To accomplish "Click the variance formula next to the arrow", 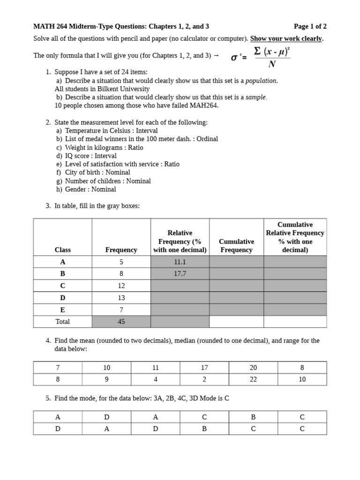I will (x=261, y=57).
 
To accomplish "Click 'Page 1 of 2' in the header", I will (x=310, y=26).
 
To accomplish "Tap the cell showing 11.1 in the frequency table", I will (x=180, y=262).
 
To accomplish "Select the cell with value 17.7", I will (x=180, y=274).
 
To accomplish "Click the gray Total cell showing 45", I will (x=121, y=322).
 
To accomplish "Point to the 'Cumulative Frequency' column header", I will (x=236, y=246).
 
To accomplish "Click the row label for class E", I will (x=62, y=310).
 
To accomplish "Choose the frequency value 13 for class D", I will (x=121, y=298).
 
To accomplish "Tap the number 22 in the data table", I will (x=253, y=379).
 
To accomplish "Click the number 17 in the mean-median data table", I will (x=204, y=367).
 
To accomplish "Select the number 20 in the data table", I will (x=253, y=367).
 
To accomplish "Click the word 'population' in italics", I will (x=261, y=81).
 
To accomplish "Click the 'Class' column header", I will (x=62, y=250).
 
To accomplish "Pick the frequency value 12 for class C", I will (x=121, y=285).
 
